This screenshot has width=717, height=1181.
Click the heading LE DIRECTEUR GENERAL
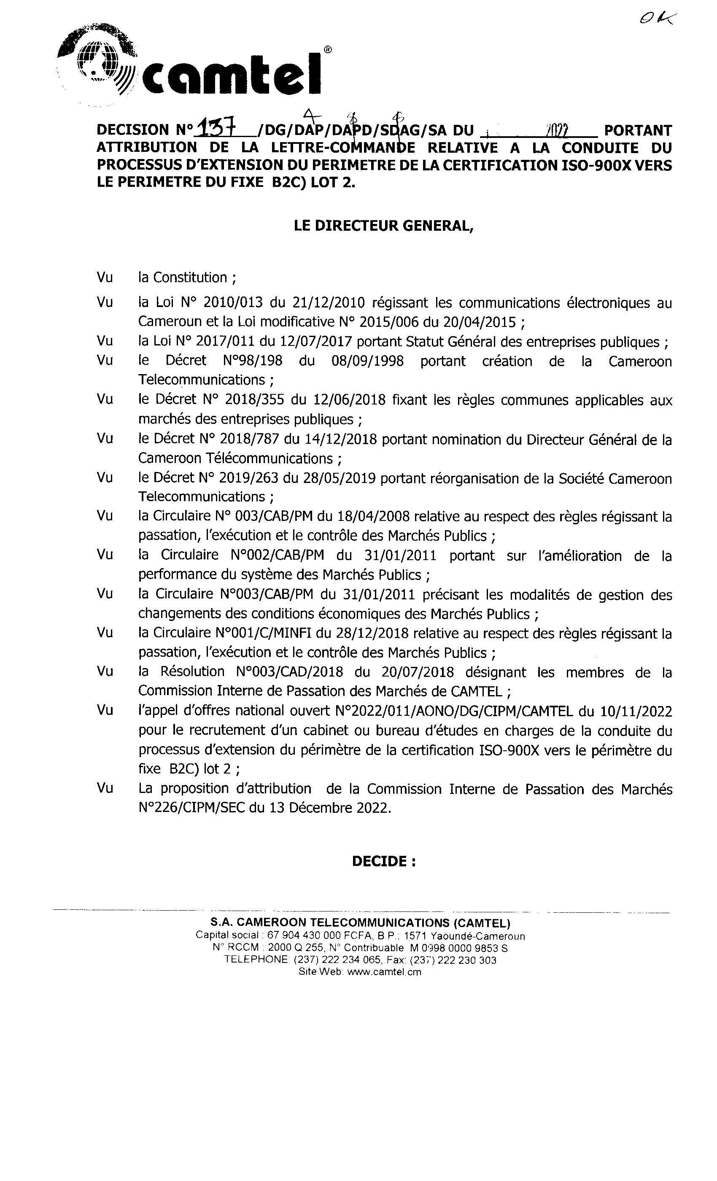[x=383, y=226]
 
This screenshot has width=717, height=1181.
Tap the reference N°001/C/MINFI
[x=264, y=634]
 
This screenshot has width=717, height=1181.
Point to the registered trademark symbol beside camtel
[x=327, y=49]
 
